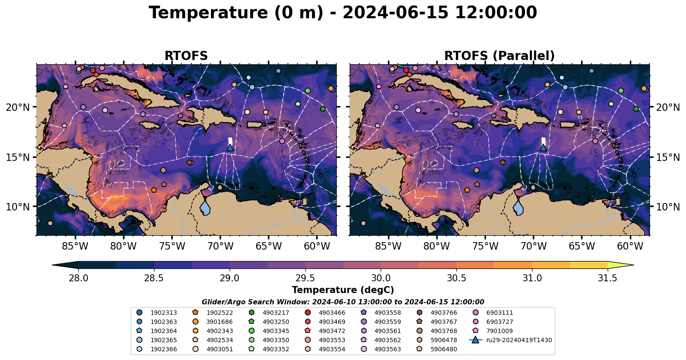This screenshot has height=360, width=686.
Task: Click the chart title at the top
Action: point(343,13)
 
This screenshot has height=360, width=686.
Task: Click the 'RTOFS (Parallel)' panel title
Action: point(499,56)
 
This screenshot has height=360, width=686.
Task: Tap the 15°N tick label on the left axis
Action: point(18,157)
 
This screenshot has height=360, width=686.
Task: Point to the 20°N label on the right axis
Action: point(668,107)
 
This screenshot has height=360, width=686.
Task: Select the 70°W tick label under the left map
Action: point(220,247)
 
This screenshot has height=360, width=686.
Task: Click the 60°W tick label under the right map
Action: point(630,247)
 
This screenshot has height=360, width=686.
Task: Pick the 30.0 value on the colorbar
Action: point(381,278)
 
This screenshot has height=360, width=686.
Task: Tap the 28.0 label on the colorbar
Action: point(79,278)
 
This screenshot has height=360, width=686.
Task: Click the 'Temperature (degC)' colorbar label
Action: point(343,290)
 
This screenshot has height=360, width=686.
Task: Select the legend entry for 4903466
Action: point(332,313)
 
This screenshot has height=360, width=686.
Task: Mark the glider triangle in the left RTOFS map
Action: point(230,148)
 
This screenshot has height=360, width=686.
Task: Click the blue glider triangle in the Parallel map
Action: point(543,148)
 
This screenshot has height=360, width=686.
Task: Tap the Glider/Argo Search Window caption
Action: point(343,302)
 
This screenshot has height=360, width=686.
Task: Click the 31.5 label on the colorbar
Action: point(607,278)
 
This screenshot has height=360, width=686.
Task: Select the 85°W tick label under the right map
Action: point(388,247)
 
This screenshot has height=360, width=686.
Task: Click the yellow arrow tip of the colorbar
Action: point(629,265)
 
